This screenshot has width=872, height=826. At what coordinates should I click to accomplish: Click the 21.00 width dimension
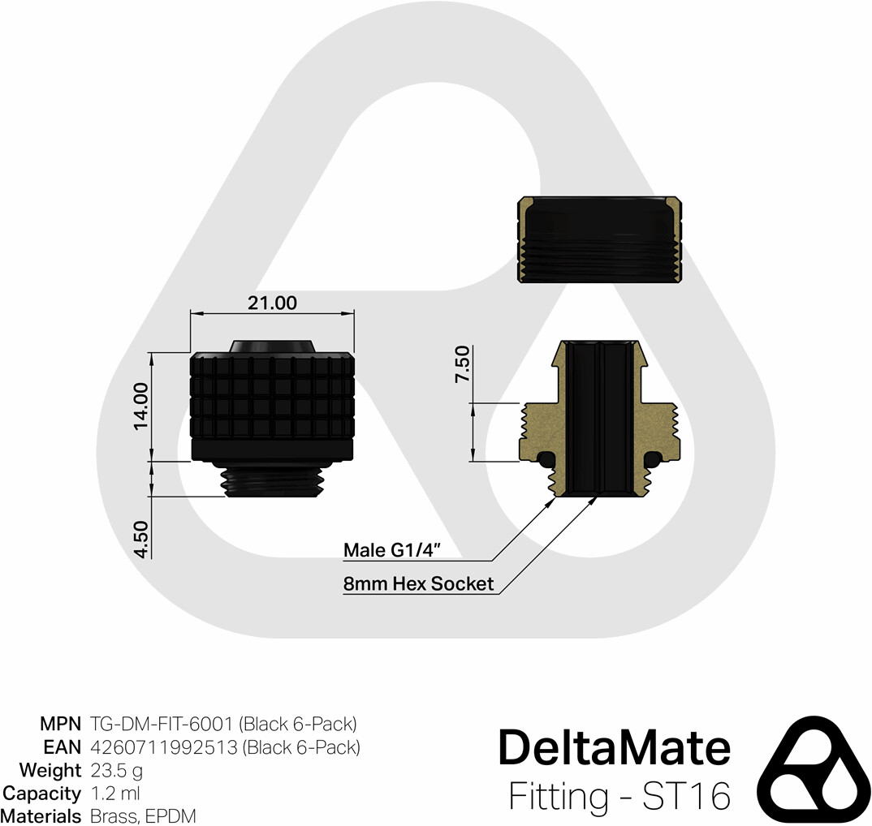coord(272,303)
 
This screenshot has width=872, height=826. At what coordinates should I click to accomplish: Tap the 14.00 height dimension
coord(141,406)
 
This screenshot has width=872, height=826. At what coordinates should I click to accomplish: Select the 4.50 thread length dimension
coord(141,540)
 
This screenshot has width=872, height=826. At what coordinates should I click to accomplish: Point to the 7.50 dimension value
coord(462,364)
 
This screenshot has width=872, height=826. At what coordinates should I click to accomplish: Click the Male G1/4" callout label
coord(392,550)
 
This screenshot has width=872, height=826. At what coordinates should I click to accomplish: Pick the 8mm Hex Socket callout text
coord(418,583)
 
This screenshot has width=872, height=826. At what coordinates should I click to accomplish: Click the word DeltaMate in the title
coord(614,747)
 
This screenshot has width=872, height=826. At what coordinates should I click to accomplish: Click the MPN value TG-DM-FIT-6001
coord(161,724)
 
